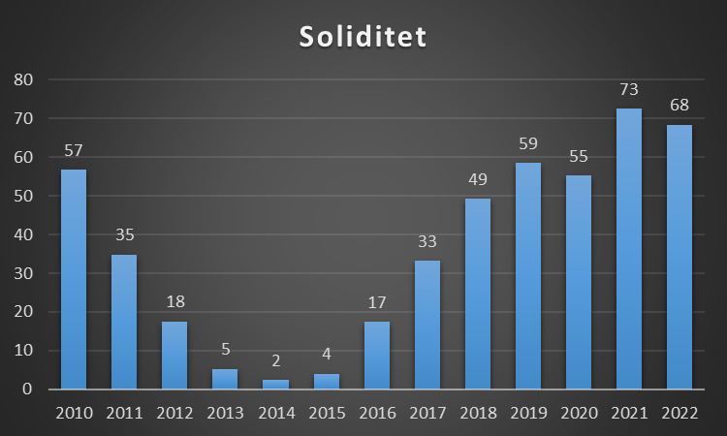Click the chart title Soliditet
(363, 37)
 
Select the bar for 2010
(74, 279)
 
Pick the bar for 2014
(275, 385)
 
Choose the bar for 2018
(478, 294)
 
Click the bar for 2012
(174, 355)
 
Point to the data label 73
(629, 90)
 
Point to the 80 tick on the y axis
(22, 79)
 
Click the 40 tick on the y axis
(22, 234)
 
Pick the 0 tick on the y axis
(27, 389)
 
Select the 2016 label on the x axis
(376, 413)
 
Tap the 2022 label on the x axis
(680, 413)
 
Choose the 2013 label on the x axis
(225, 413)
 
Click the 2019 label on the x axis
(528, 413)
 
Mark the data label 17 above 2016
(377, 303)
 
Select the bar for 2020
(579, 282)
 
